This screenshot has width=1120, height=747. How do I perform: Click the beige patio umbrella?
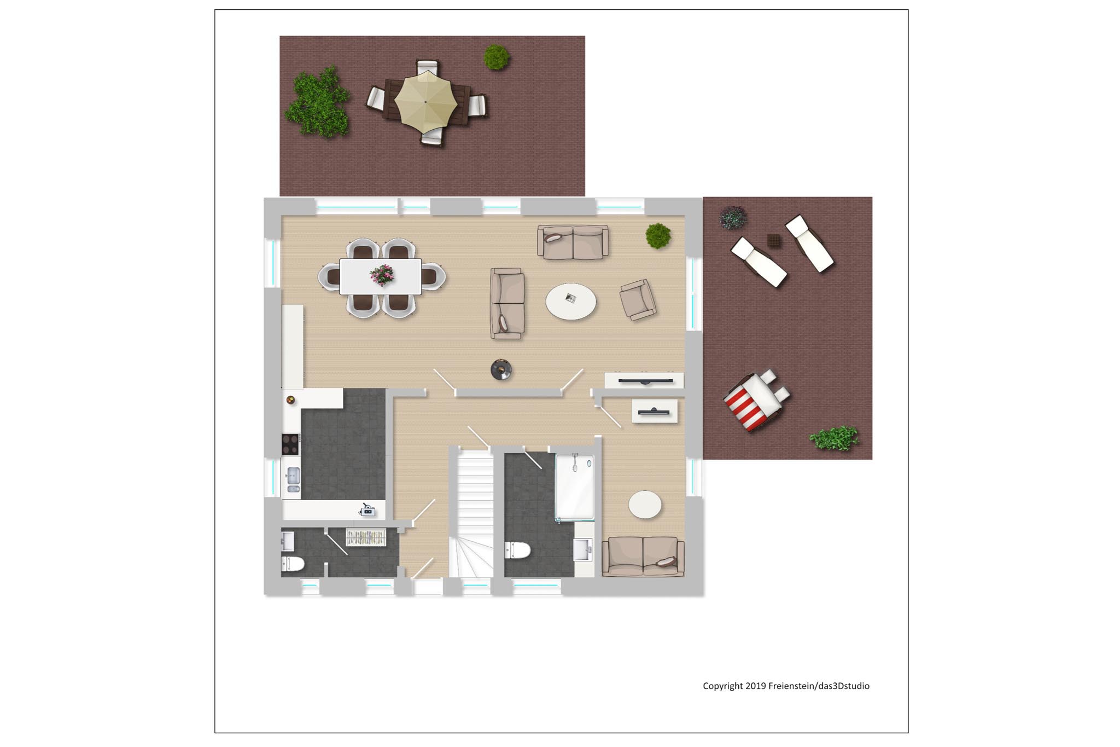pos(425,102)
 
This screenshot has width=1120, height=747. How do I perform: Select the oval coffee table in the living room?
pos(571,301)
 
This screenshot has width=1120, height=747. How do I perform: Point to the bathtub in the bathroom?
pos(575,487)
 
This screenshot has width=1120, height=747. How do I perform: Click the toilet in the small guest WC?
pos(293,564)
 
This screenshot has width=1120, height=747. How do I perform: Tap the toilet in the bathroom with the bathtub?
pos(517,550)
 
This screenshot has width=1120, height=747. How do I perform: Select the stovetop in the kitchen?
pos(290,444)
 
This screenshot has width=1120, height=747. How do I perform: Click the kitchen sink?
pos(293,481)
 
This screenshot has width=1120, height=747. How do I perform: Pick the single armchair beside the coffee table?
pos(638,299)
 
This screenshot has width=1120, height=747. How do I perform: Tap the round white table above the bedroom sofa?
pos(645,504)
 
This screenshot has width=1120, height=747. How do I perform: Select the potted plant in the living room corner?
pos(658,235)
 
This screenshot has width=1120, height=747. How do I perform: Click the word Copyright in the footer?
pos(722,686)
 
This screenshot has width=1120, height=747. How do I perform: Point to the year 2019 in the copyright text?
pos(756,686)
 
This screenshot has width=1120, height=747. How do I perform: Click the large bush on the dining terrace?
pos(317,102)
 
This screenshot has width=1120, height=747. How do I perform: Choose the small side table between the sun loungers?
pos(774,240)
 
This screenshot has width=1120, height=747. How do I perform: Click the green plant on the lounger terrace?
pos(834,438)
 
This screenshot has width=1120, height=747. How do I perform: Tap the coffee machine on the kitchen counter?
pos(367,510)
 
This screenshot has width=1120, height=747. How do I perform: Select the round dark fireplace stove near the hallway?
pos(501,369)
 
